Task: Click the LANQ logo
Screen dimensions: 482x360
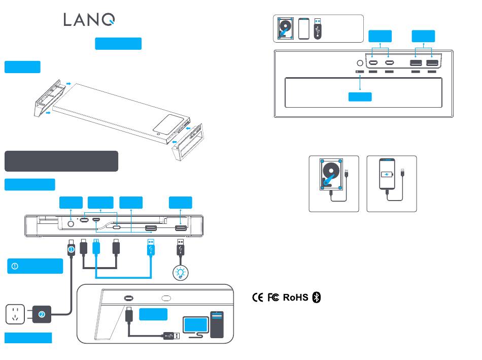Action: pyautogui.click(x=89, y=20)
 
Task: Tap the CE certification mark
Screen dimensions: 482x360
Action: pyautogui.click(x=258, y=297)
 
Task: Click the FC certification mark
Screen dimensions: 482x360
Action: pyautogui.click(x=273, y=297)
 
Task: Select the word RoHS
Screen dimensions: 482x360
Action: pyautogui.click(x=295, y=298)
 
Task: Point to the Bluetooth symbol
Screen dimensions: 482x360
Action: pyautogui.click(x=317, y=297)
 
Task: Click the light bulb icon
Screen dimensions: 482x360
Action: pyautogui.click(x=181, y=273)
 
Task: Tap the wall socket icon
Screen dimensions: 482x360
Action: pyautogui.click(x=15, y=314)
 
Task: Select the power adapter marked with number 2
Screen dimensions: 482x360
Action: pyautogui.click(x=42, y=314)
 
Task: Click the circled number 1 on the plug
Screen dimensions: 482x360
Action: pyautogui.click(x=71, y=249)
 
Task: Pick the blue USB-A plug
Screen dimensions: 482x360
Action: pyautogui.click(x=151, y=247)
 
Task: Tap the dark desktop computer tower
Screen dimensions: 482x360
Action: pyautogui.click(x=217, y=325)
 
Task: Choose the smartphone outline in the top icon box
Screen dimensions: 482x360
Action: pyautogui.click(x=304, y=28)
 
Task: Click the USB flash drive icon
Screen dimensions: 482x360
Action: pyautogui.click(x=318, y=28)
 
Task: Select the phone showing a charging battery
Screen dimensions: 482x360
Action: pyautogui.click(x=387, y=174)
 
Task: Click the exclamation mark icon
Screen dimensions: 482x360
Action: pyautogui.click(x=15, y=266)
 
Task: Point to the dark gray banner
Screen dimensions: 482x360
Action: pyautogui.click(x=61, y=161)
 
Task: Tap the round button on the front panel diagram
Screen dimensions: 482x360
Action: pyautogui.click(x=71, y=224)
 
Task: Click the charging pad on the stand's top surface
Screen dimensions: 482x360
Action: pyautogui.click(x=171, y=124)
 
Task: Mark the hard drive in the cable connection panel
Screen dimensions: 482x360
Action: pyautogui.click(x=331, y=174)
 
